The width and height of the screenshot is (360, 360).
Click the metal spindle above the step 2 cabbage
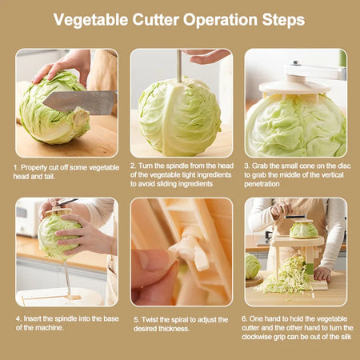click(178, 65)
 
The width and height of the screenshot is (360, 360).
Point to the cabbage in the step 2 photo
click(178, 116)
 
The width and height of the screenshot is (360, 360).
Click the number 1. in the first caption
click(16, 167)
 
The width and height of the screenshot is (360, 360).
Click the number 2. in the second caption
click(133, 167)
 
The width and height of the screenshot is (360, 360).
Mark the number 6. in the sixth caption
click(247, 318)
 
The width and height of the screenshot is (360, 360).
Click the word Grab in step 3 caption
click(262, 167)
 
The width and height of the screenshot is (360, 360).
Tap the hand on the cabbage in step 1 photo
click(60, 66)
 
